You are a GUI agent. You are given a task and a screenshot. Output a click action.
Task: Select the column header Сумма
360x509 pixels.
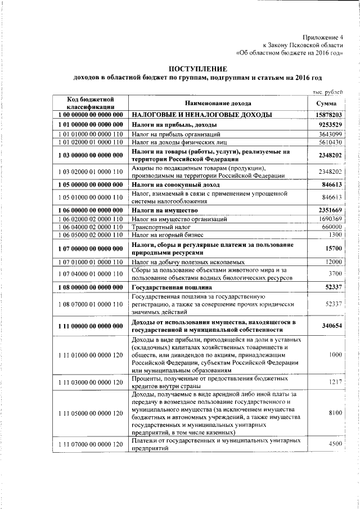[326, 103]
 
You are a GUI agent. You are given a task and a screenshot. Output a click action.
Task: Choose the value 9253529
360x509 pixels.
[329, 124]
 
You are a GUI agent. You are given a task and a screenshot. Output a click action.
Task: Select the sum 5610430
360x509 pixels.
[330, 143]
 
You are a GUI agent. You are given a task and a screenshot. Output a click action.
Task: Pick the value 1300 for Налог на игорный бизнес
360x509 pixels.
[336, 235]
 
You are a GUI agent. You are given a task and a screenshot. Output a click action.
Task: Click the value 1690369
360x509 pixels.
[330, 219]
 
